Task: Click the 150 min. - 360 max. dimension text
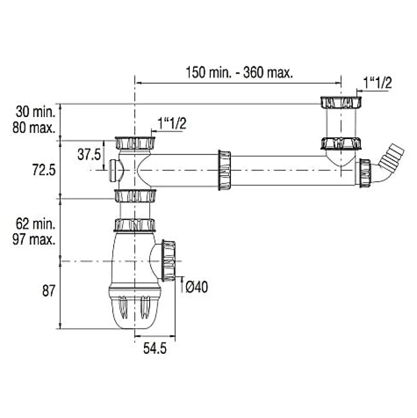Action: point(239,72)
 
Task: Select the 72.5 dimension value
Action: point(44,170)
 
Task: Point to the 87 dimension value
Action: point(48,291)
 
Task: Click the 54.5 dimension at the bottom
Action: point(155,348)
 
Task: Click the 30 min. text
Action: point(36,112)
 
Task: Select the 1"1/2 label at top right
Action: point(377,83)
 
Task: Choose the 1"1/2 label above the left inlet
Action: point(172,124)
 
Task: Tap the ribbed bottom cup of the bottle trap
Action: point(135,307)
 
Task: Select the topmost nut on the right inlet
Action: point(341,102)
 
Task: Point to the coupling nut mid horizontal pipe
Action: point(224,170)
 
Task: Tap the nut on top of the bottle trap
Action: point(135,224)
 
